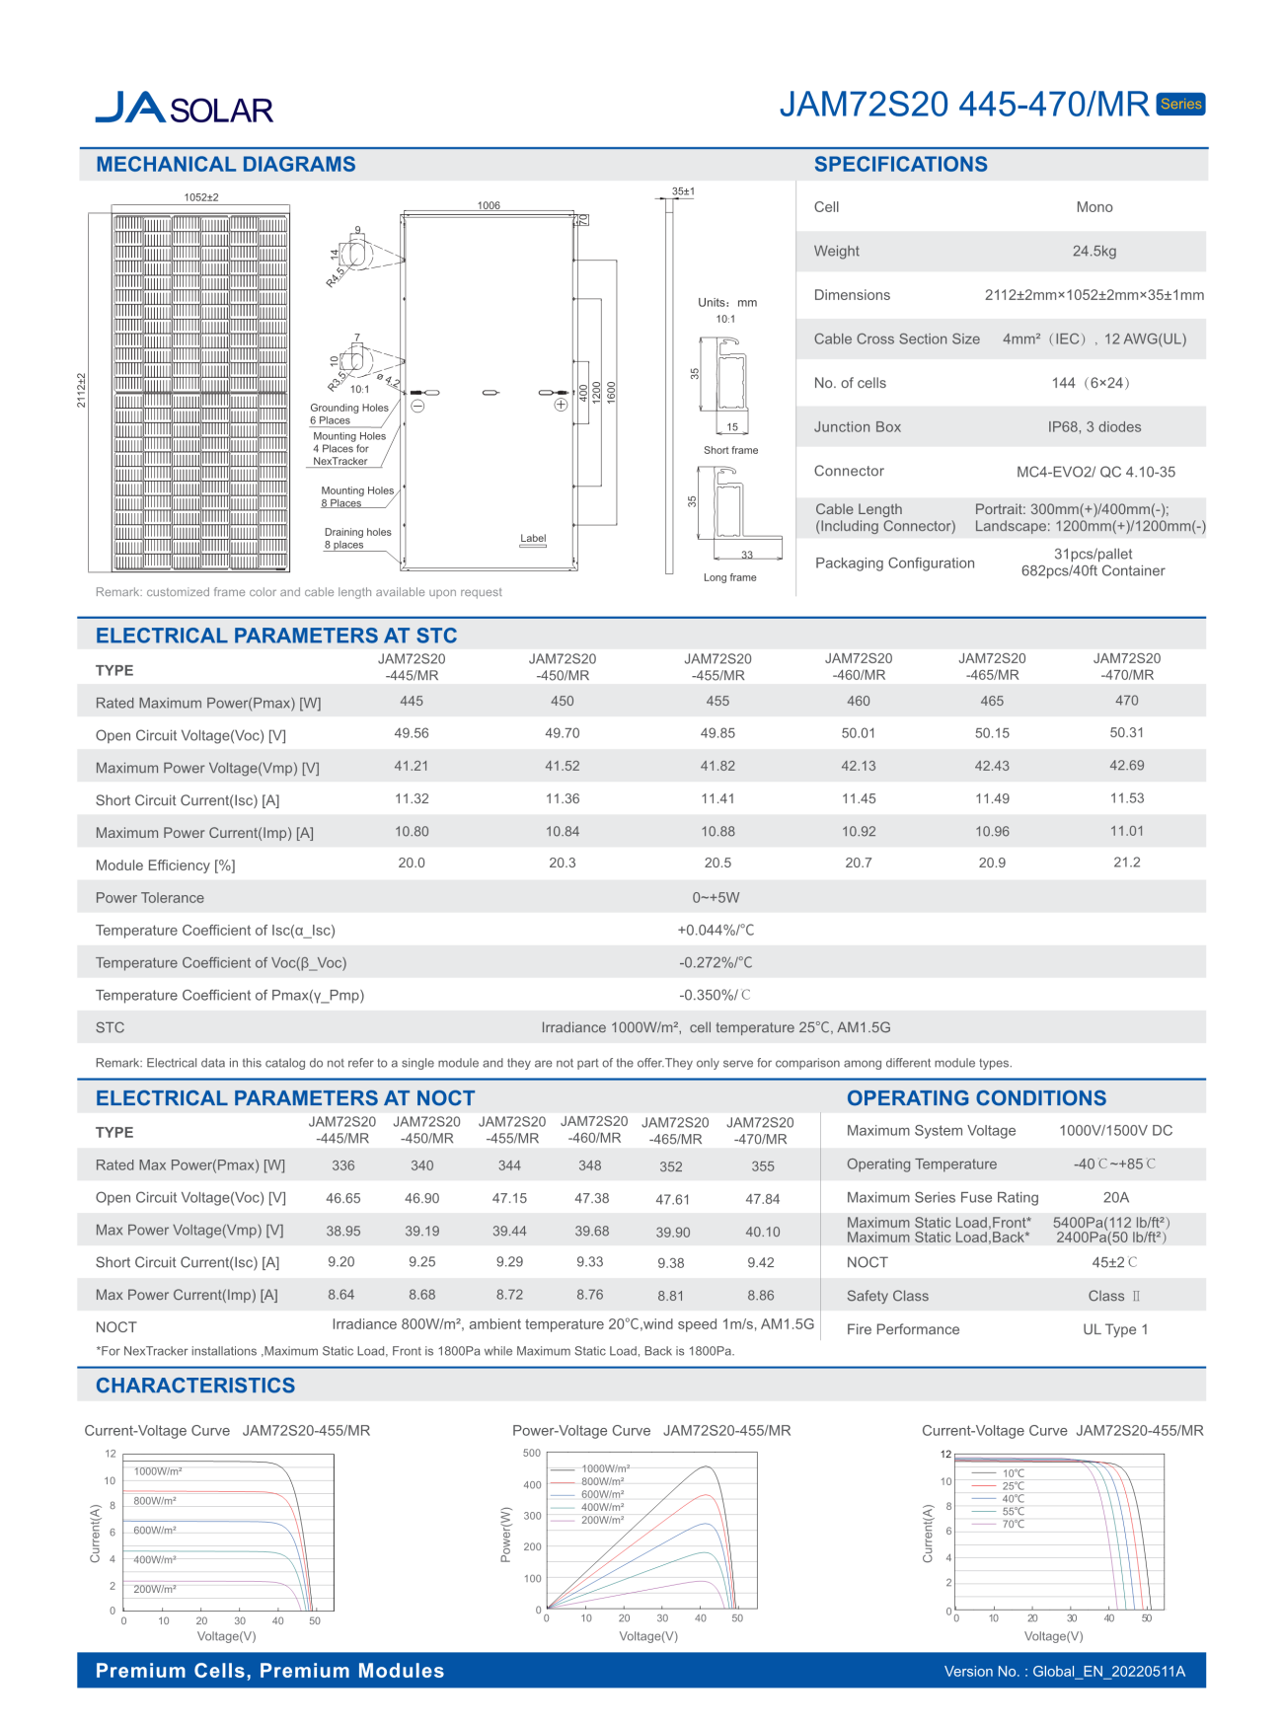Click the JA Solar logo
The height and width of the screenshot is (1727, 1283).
pyautogui.click(x=184, y=108)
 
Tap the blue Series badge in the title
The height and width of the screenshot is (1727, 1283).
pyautogui.click(x=1180, y=104)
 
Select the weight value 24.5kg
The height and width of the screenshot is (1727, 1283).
pyautogui.click(x=1094, y=252)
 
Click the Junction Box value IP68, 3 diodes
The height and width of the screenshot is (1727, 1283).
pyautogui.click(x=1094, y=427)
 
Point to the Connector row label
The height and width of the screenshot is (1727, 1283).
pyautogui.click(x=849, y=472)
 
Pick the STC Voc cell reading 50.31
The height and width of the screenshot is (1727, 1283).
pyautogui.click(x=1126, y=733)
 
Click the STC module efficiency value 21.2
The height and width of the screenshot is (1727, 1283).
pyautogui.click(x=1126, y=863)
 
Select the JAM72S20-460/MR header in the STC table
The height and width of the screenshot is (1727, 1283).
pyautogui.click(x=858, y=667)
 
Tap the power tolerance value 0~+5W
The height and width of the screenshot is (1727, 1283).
pyautogui.click(x=716, y=898)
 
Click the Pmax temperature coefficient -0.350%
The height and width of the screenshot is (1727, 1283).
pyautogui.click(x=715, y=995)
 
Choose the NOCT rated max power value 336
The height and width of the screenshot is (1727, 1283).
pyautogui.click(x=343, y=1165)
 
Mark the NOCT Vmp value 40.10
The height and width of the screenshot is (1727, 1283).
pyautogui.click(x=762, y=1232)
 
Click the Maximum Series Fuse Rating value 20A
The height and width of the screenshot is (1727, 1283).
pyautogui.click(x=1115, y=1197)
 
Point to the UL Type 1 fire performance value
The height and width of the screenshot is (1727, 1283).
pyautogui.click(x=1114, y=1329)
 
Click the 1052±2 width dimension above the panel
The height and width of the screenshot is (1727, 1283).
pyautogui.click(x=201, y=197)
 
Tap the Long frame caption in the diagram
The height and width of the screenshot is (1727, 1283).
pyautogui.click(x=729, y=577)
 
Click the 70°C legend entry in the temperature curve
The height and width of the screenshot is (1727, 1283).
pyautogui.click(x=1013, y=1525)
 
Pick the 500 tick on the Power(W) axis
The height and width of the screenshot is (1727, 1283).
pyautogui.click(x=532, y=1453)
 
